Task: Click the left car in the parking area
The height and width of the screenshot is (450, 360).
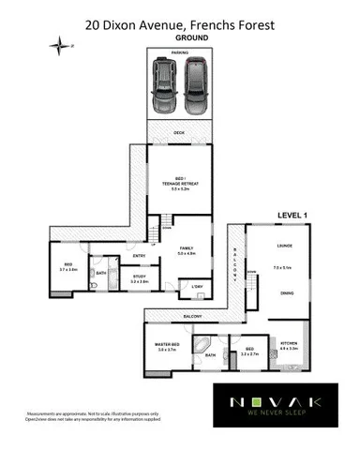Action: pos(164,86)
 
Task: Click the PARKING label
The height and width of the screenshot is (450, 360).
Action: pos(179,53)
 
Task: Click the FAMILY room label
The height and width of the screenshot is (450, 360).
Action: pos(186,248)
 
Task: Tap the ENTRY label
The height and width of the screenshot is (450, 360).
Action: pos(139,255)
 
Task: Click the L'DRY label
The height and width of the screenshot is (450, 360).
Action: pos(197,286)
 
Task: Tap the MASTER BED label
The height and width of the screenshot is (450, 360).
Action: pos(167,346)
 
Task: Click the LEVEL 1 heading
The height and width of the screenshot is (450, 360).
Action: pos(292,216)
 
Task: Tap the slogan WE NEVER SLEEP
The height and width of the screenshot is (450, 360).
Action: pos(277,418)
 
